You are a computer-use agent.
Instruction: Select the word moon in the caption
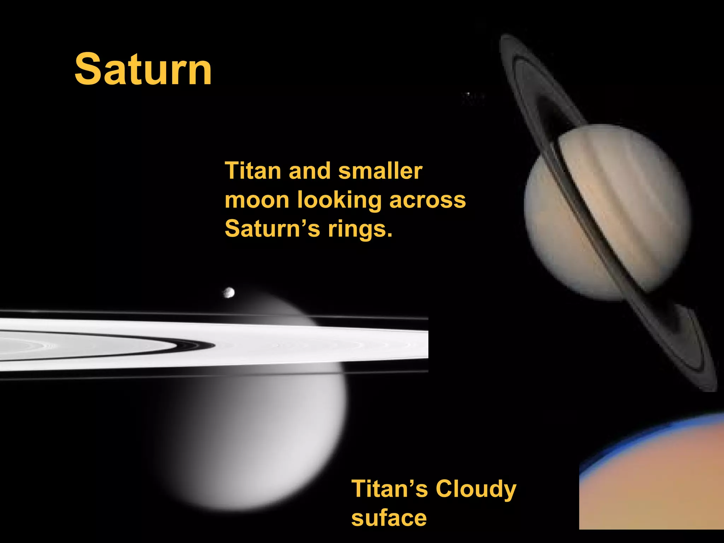[x=257, y=200]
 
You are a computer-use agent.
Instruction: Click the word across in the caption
[x=427, y=200]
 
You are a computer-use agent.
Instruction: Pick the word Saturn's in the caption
[x=272, y=229]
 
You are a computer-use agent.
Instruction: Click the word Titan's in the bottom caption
[x=389, y=489]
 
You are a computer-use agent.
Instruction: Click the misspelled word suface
[x=389, y=518]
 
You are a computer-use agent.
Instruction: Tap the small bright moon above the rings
[x=229, y=292]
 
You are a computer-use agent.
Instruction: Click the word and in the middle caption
[x=310, y=171]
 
